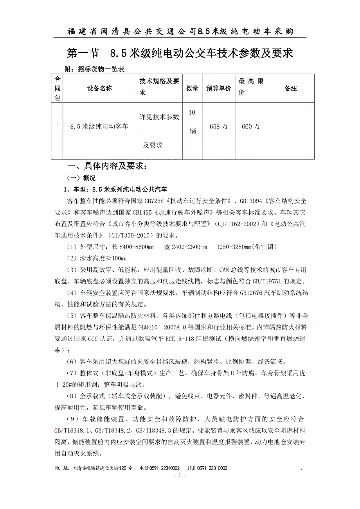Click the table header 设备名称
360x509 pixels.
99,88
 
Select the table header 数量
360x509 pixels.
192,88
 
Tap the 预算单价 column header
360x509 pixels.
219,88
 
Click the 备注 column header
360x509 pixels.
290,88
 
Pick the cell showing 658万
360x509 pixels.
219,126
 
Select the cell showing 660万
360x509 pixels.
251,126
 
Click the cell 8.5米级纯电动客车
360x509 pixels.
99,126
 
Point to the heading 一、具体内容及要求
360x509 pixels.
108,166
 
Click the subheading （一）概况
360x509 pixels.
81,178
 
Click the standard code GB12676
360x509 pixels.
241,292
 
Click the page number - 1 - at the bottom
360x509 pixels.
180,475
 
